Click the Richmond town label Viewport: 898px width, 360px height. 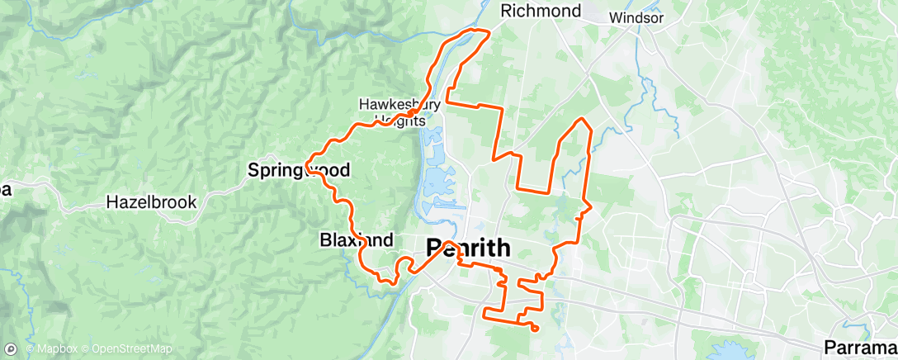tap(541, 11)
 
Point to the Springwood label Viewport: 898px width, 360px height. tap(299, 171)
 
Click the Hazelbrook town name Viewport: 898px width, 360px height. tap(151, 201)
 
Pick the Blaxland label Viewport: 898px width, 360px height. tap(356, 240)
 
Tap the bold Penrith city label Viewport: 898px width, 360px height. tap(468, 247)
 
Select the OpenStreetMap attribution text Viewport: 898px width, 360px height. tap(132, 348)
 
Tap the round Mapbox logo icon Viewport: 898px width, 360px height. tap(11, 348)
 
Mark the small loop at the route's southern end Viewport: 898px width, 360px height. tap(535, 329)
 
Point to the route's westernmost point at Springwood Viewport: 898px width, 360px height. tap(308, 162)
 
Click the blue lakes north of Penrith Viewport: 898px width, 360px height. tap(436, 178)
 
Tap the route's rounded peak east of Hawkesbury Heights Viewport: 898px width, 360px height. tap(584, 121)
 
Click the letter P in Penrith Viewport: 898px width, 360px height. tap(434, 247)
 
